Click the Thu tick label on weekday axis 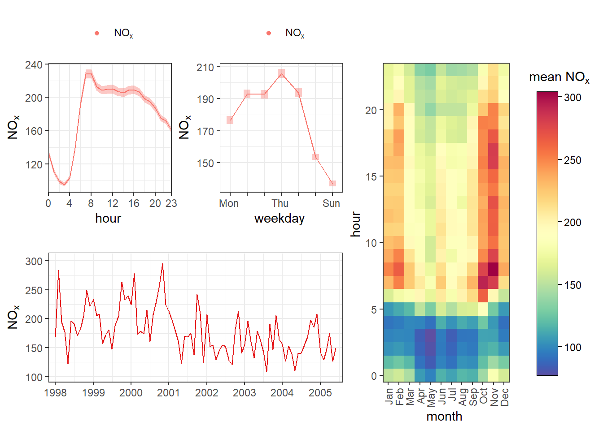pyautogui.click(x=280, y=203)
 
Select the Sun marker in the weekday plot pyautogui.click(x=332, y=183)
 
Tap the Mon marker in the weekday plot pyautogui.click(x=230, y=120)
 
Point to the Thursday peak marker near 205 pyautogui.click(x=281, y=73)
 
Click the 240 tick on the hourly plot pyautogui.click(x=34, y=65)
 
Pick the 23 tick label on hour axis pyautogui.click(x=171, y=203)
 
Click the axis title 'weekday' pyautogui.click(x=280, y=219)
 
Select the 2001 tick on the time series pyautogui.click(x=169, y=393)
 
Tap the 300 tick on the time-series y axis pyautogui.click(x=34, y=261)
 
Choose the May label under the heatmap pyautogui.click(x=431, y=397)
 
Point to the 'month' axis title pyautogui.click(x=444, y=417)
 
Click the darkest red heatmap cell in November pyautogui.click(x=493, y=269)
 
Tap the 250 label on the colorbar pyautogui.click(x=572, y=160)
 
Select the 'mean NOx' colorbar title pyautogui.click(x=559, y=77)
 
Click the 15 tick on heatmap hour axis pyautogui.click(x=371, y=176)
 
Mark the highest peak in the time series pyautogui.click(x=162, y=264)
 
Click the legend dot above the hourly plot pyautogui.click(x=97, y=33)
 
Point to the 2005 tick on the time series pyautogui.click(x=320, y=393)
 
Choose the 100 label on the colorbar pyautogui.click(x=572, y=348)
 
